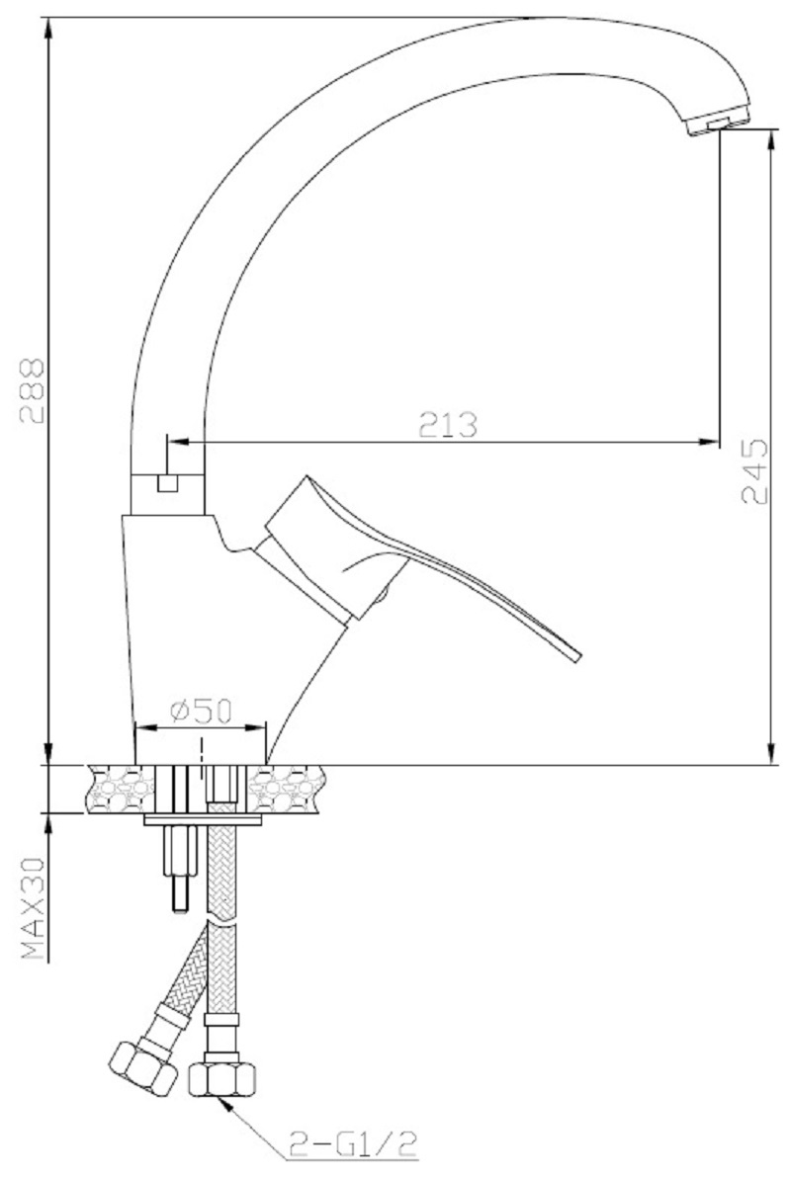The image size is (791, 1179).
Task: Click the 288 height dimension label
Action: point(33,391)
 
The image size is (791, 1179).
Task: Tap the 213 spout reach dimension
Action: point(448,426)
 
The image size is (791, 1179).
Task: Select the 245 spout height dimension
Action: point(754,471)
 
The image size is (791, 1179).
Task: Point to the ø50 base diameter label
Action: point(201,711)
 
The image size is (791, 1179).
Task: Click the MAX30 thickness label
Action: point(34,910)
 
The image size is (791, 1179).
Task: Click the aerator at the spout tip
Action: point(719,125)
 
